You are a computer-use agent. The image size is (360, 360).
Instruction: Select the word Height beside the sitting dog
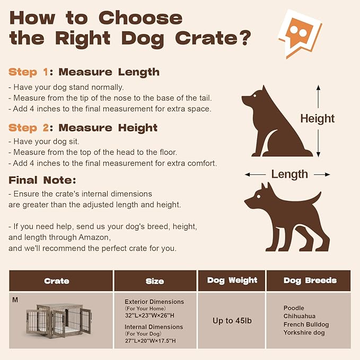[318, 118]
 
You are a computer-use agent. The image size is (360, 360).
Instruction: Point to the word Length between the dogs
[289, 174]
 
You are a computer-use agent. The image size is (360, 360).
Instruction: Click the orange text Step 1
[30, 72]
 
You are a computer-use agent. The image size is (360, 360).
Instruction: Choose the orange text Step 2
[30, 128]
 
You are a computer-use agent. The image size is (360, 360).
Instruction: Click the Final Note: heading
[42, 180]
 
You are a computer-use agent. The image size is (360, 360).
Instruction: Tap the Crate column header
[57, 281]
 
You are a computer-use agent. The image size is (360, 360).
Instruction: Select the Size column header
[155, 281]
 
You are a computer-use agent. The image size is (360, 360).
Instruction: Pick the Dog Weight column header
[231, 280]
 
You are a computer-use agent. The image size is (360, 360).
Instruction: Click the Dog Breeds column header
[310, 280]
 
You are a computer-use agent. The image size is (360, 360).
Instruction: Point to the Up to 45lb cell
[232, 320]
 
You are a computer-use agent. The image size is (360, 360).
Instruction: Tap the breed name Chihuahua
[299, 316]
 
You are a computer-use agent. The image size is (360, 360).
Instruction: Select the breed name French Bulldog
[306, 324]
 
